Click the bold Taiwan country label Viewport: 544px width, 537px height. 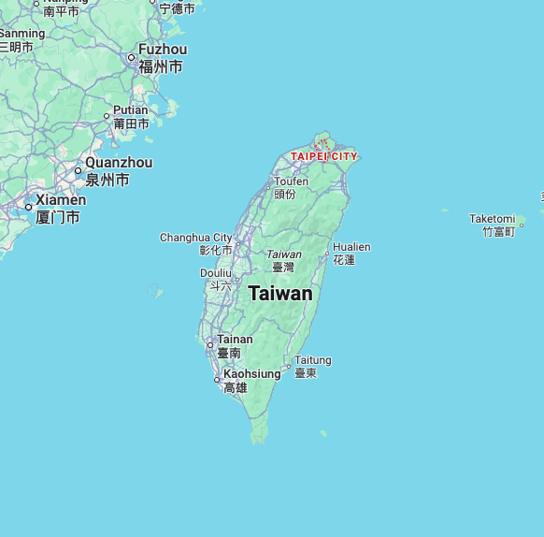[x=280, y=294]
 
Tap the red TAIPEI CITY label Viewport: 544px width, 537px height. [x=323, y=156]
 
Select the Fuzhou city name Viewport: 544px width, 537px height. [x=163, y=50]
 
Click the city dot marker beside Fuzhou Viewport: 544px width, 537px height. [x=131, y=57]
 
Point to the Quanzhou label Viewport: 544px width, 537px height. [x=119, y=163]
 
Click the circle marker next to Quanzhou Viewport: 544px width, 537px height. [x=78, y=170]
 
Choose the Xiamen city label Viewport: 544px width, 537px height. [x=61, y=200]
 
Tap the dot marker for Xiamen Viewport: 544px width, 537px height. [x=28, y=207]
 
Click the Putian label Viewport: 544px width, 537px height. [x=131, y=110]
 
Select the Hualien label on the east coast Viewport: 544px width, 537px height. [x=351, y=247]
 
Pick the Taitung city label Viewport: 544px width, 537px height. [x=312, y=360]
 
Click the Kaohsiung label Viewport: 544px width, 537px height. [x=251, y=374]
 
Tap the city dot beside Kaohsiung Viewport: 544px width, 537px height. [x=217, y=380]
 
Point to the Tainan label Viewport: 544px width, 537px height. [x=235, y=340]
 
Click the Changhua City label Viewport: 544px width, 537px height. [x=196, y=238]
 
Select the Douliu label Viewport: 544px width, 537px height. [x=215, y=273]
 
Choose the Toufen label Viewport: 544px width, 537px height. [x=291, y=181]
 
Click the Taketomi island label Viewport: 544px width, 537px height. [x=492, y=219]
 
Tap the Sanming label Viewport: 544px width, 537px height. [x=21, y=34]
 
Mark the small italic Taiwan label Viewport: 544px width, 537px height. [x=284, y=254]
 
